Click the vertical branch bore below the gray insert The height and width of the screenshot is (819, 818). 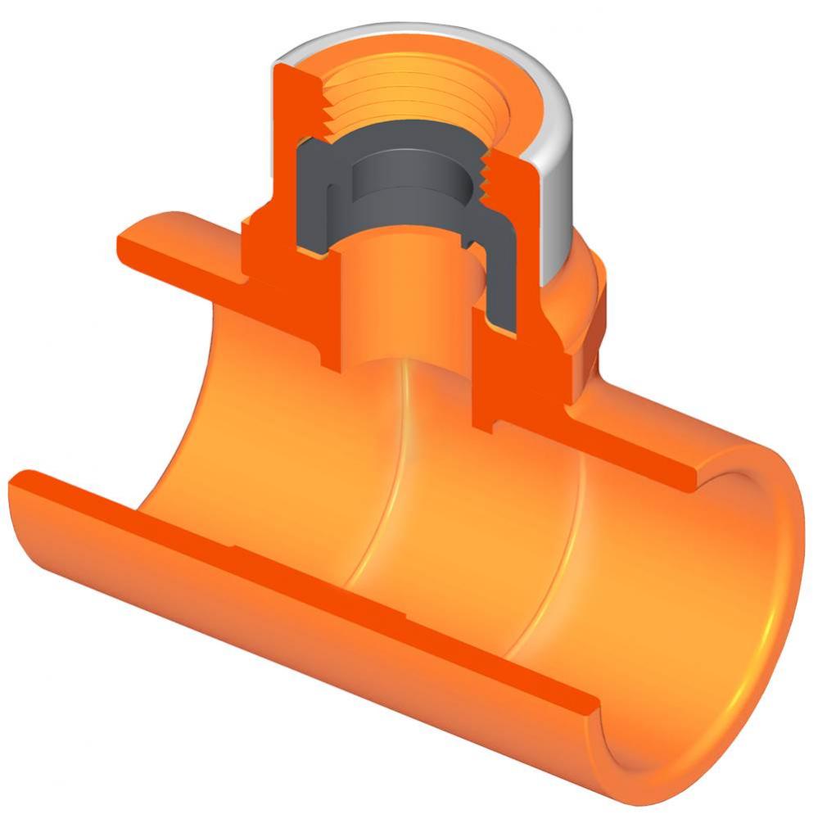click(401, 303)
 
